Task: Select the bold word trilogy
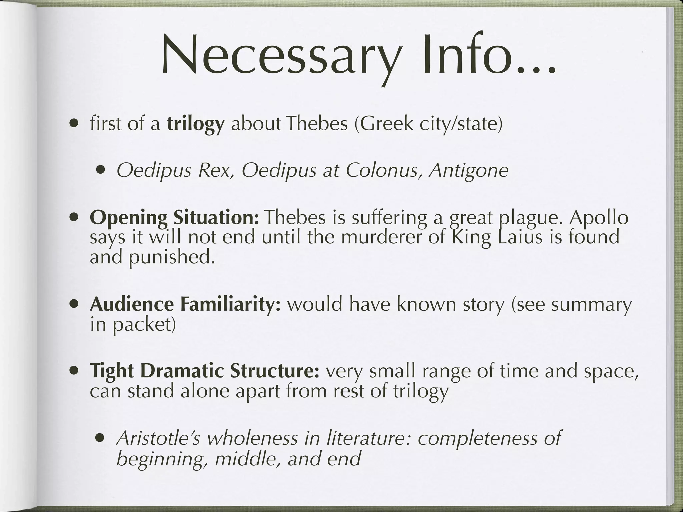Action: coord(196,124)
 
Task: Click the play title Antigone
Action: coord(469,171)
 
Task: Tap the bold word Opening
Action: coord(129,218)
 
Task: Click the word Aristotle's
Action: coord(158,438)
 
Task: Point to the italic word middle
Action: coord(247,459)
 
